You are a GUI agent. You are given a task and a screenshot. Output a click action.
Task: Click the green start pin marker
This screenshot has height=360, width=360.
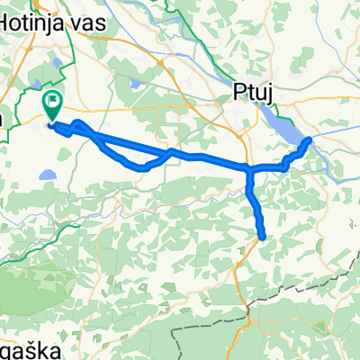coord(52,106)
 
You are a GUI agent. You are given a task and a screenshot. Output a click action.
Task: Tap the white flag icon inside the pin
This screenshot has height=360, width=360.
coord(52,102)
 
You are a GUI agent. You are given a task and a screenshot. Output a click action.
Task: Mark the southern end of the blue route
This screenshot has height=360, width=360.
coord(262,238)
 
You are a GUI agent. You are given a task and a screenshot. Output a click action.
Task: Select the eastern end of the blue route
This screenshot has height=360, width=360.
coord(310,139)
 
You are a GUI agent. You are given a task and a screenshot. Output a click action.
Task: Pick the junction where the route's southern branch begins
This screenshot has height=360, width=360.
coord(249,169)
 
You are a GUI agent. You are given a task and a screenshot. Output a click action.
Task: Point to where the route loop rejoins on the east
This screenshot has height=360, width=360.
coord(171,152)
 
